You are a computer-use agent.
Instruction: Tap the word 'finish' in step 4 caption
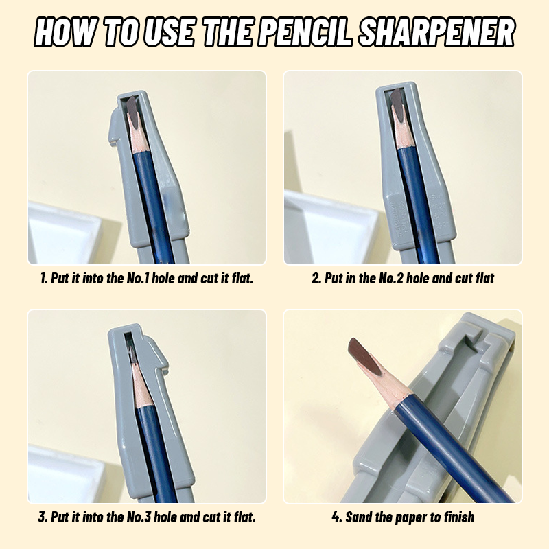(459, 517)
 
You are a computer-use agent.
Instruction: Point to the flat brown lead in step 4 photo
(364, 356)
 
